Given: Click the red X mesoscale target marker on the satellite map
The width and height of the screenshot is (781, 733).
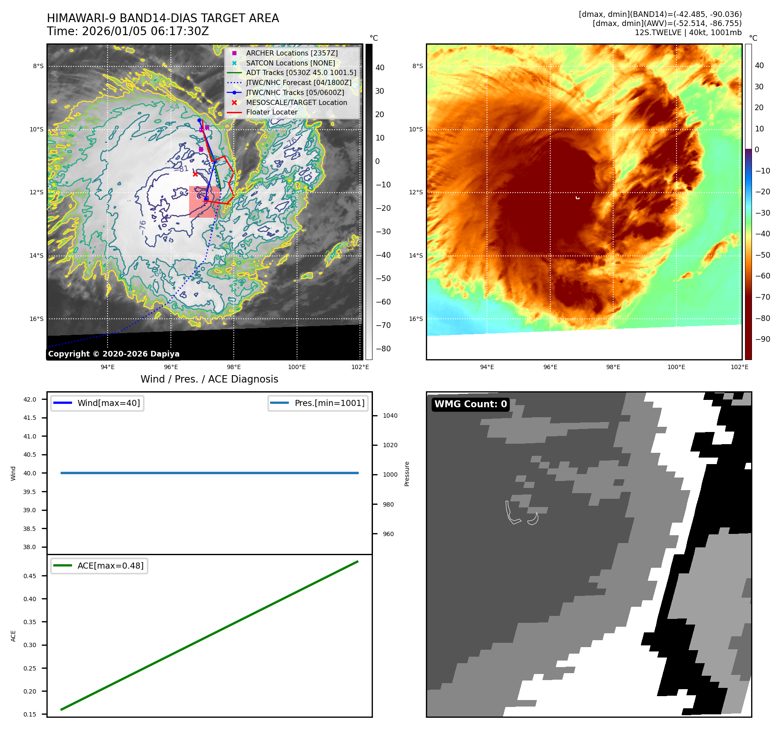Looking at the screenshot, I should [x=195, y=174].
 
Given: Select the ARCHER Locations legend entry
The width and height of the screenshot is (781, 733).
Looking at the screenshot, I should [x=291, y=53].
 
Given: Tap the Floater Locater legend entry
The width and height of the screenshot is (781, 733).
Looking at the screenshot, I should [x=271, y=112].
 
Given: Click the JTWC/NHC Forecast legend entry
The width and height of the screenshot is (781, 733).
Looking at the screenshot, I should [x=298, y=82].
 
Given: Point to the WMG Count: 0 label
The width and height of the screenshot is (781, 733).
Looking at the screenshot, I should [x=471, y=404].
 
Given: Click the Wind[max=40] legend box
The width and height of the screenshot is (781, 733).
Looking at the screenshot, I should [x=97, y=403].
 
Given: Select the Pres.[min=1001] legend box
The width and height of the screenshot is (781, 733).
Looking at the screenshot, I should [x=318, y=403].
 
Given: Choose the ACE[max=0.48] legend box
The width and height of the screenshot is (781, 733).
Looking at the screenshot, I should [x=99, y=566].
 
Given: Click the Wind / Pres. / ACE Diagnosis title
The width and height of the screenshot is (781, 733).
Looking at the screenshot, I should [x=209, y=379].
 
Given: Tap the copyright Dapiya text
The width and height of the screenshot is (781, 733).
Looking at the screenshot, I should [x=114, y=354].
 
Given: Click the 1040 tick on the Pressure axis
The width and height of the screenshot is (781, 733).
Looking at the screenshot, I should [x=390, y=416].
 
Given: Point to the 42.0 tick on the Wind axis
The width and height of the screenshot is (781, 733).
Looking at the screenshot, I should [x=30, y=399].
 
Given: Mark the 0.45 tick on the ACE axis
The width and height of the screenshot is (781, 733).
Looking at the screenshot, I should [x=30, y=576].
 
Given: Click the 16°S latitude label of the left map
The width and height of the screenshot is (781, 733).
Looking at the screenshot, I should [x=36, y=319].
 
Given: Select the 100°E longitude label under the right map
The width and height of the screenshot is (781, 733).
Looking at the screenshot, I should [x=676, y=367].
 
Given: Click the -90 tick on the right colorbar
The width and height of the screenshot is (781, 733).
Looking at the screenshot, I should [x=762, y=339].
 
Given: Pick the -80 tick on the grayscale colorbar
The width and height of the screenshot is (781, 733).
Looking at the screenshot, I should [x=383, y=349].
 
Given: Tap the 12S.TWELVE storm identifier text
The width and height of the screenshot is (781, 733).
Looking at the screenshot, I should [x=658, y=33].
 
